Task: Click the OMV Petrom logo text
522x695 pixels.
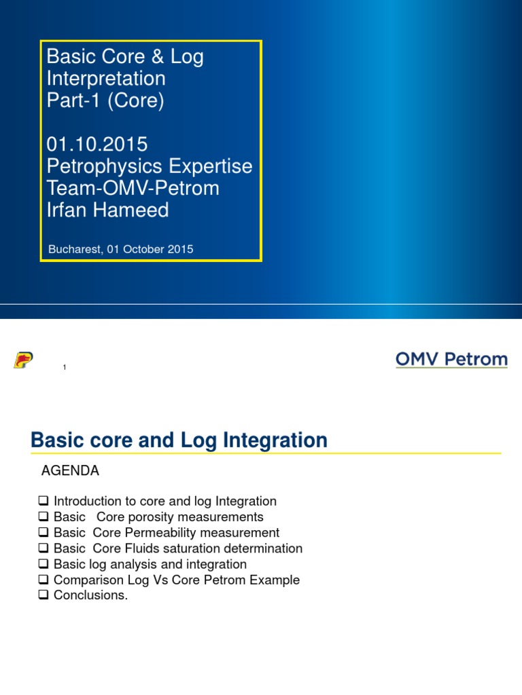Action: click(x=451, y=359)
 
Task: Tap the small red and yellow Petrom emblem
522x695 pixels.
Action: click(x=24, y=360)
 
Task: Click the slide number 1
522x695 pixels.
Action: click(x=65, y=367)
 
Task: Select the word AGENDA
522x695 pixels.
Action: click(x=70, y=470)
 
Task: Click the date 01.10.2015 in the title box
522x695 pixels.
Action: click(x=97, y=144)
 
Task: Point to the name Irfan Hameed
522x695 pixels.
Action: click(x=108, y=210)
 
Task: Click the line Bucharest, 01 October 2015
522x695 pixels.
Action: click(x=121, y=249)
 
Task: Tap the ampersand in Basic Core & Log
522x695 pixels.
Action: click(x=158, y=57)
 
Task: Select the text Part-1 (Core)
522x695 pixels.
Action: click(x=105, y=100)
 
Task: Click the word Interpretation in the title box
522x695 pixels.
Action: click(x=106, y=79)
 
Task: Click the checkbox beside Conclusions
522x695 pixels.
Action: click(x=43, y=595)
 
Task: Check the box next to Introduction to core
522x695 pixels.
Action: click(x=43, y=500)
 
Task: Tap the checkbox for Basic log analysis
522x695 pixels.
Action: click(x=43, y=563)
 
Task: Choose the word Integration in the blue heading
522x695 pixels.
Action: click(x=275, y=440)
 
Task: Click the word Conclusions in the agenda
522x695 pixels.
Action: click(x=90, y=595)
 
